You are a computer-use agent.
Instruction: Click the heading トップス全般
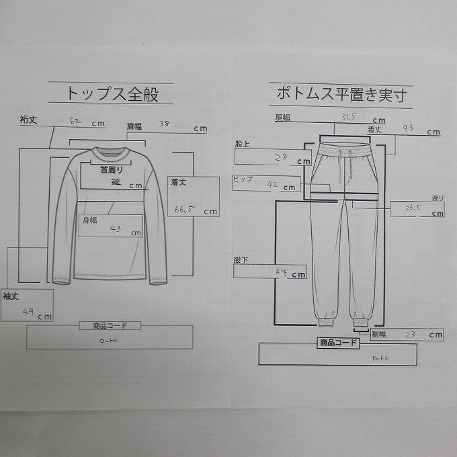tap(113, 93)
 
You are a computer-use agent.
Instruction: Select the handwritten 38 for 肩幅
tap(165, 124)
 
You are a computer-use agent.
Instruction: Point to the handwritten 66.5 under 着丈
tap(183, 209)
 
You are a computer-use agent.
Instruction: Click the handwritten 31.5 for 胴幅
tap(348, 118)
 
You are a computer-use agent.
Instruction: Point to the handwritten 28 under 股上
tap(282, 158)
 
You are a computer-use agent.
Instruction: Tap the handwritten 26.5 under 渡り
tap(413, 209)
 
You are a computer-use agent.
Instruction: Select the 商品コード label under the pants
tap(338, 343)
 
